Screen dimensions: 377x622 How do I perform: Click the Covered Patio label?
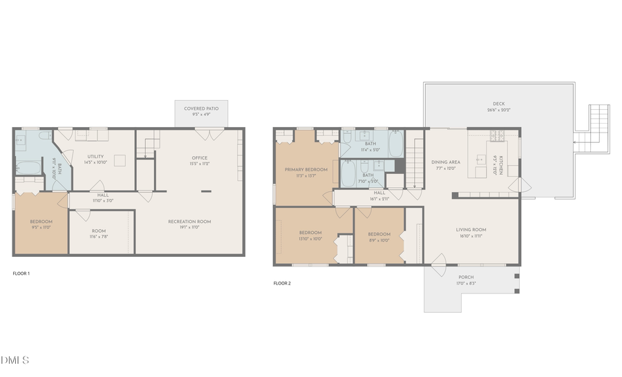point(201,111)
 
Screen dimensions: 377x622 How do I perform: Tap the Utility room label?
point(95,159)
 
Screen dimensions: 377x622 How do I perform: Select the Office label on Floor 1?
point(199,160)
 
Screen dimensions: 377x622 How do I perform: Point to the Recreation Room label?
point(189,224)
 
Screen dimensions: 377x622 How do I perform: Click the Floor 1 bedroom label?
point(41,224)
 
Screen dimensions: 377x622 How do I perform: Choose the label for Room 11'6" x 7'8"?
point(98,233)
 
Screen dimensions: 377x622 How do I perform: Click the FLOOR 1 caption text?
point(21,273)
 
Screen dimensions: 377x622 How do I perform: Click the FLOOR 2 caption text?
point(281,283)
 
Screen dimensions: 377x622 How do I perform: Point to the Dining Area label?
point(446,164)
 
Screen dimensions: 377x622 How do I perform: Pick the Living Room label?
point(471,232)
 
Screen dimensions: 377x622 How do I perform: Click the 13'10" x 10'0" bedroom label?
point(310,235)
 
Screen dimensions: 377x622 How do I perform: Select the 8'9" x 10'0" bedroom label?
point(379,237)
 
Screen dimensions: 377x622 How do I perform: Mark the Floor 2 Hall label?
point(379,195)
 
